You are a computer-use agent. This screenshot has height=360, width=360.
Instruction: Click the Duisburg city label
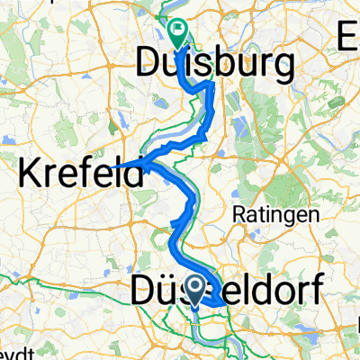tap(216, 63)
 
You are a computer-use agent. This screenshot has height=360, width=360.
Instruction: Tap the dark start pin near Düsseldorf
tap(197, 290)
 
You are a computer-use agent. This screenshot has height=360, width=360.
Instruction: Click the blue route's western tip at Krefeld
tap(114, 165)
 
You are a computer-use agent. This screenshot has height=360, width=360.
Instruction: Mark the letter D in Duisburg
tap(150, 63)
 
